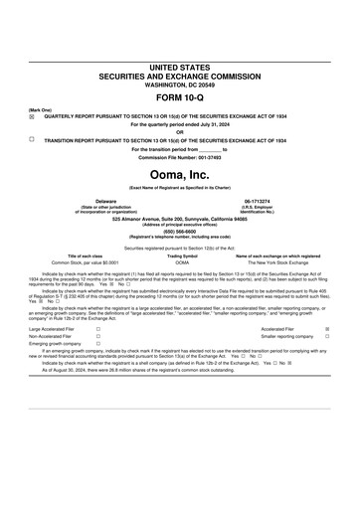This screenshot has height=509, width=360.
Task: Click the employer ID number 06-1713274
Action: click(258, 201)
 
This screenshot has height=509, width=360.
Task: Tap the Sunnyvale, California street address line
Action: click(179, 219)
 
